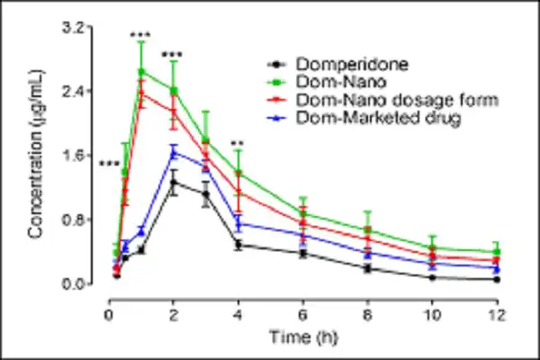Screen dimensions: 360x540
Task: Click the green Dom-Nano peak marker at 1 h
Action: pos(141,71)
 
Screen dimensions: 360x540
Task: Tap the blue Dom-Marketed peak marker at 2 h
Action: pos(174,151)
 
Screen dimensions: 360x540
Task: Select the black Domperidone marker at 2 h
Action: pos(174,183)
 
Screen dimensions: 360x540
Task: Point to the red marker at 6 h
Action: pos(302,221)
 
